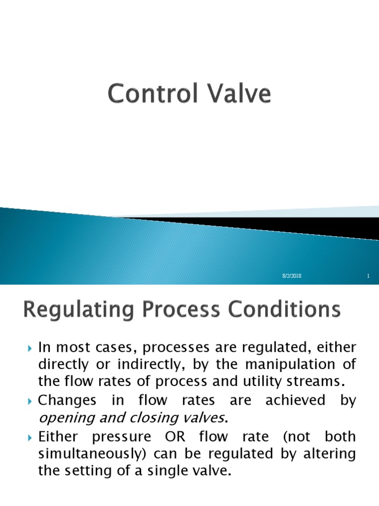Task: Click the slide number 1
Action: (x=368, y=276)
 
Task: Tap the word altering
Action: (x=327, y=454)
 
